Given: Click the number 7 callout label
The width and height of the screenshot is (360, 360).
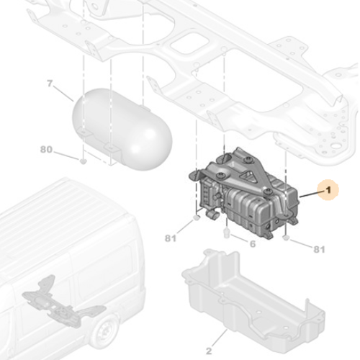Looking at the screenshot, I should pos(50,84).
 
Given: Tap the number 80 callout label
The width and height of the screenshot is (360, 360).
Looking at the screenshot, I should pos(46,150).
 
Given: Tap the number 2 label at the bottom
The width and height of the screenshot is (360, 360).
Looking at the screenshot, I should pos(208,351).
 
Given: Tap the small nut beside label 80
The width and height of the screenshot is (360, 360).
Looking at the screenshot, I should pos(84,160).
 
